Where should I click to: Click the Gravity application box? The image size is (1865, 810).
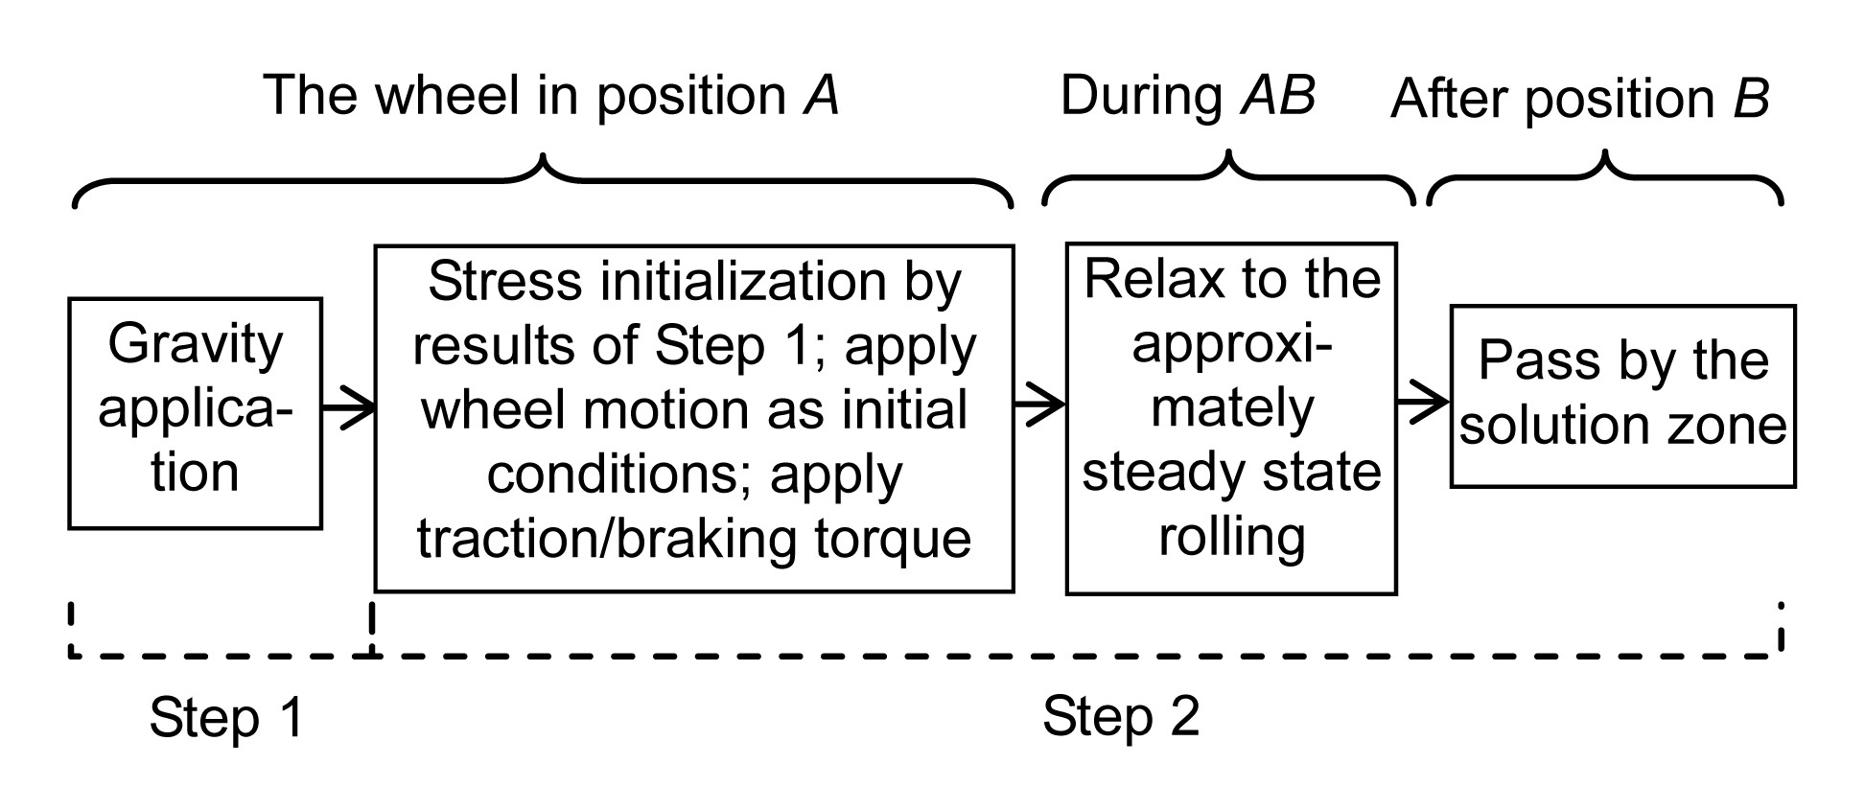coord(195,412)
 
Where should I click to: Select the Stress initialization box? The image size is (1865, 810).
coord(693,418)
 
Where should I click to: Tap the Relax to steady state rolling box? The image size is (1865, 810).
coord(1231,418)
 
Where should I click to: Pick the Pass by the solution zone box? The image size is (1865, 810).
coord(1622,396)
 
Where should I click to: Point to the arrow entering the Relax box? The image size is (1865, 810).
coord(1039,404)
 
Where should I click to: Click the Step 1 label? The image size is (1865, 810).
coord(226,718)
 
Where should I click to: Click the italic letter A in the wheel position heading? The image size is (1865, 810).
coord(821,96)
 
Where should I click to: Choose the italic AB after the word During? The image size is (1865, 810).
coord(1278,96)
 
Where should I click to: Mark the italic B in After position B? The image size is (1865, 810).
coord(1751,99)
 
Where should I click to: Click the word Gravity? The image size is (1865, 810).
coord(196,345)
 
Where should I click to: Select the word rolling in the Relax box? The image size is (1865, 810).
coord(1232,536)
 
